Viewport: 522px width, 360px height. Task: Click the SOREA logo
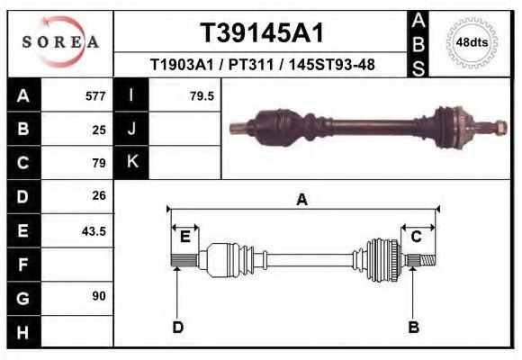click(x=59, y=41)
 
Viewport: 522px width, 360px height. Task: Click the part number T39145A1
click(x=261, y=33)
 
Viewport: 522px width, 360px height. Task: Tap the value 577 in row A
click(x=94, y=95)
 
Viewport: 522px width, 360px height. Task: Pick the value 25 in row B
click(x=99, y=129)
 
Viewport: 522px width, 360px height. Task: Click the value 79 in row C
click(x=99, y=163)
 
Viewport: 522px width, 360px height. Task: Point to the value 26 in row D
click(x=99, y=195)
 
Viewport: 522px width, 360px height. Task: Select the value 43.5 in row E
click(x=94, y=230)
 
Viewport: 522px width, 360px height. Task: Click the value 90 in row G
click(x=99, y=295)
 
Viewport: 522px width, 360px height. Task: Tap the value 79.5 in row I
click(x=202, y=95)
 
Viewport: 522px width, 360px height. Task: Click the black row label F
click(x=22, y=265)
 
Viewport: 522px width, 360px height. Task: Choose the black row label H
click(x=22, y=331)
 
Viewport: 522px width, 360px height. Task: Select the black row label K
click(x=131, y=162)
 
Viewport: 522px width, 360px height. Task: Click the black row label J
click(x=131, y=129)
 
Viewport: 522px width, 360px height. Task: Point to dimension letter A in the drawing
click(x=302, y=200)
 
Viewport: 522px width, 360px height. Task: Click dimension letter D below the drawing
click(x=178, y=327)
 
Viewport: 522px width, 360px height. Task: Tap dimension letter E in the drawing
click(x=184, y=237)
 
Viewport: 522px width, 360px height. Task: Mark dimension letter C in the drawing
click(x=418, y=237)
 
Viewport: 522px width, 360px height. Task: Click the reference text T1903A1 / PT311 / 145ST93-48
click(x=262, y=65)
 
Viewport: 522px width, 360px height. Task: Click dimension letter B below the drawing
click(x=414, y=327)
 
